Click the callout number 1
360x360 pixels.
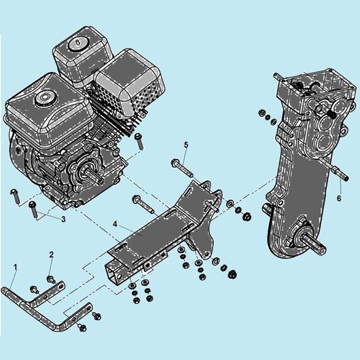click(15, 267)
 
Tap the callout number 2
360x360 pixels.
click(51, 255)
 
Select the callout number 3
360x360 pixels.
click(63, 219)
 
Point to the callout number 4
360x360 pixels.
click(115, 224)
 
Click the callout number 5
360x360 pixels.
click(186, 145)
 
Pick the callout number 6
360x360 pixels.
click(339, 198)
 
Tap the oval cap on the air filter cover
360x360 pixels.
click(77, 43)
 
